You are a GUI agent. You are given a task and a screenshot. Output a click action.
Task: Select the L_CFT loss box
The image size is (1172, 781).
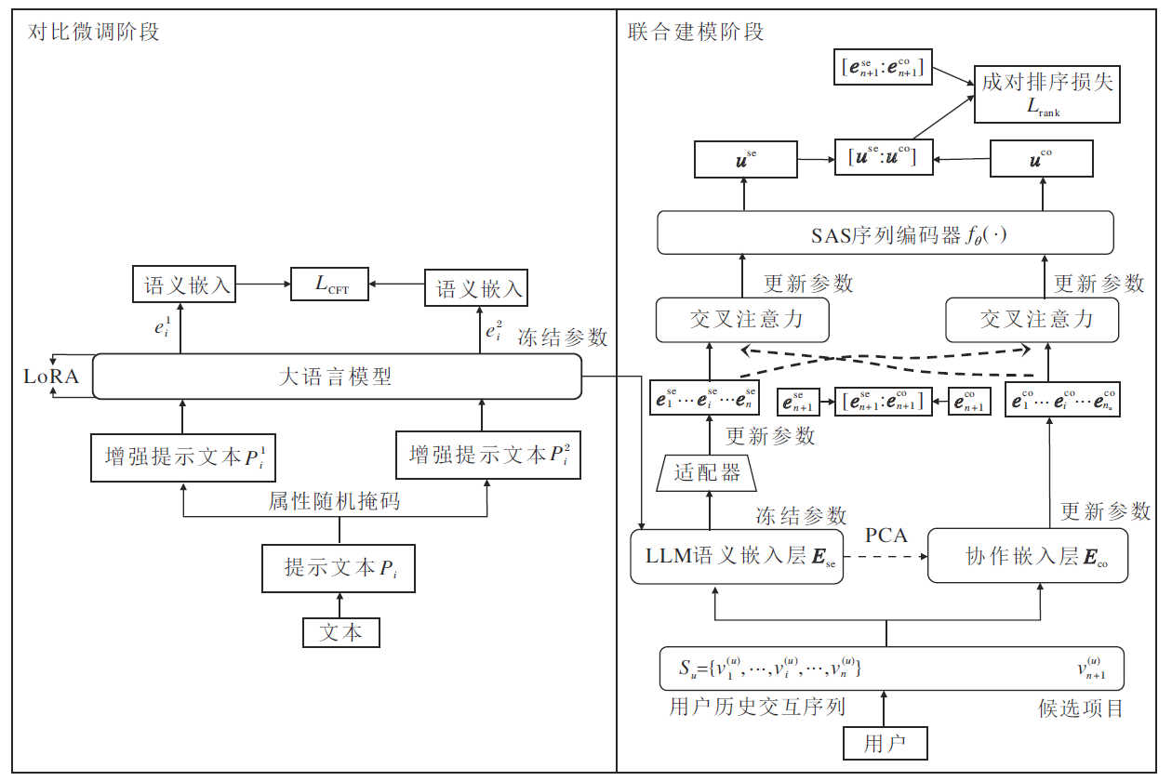pos(330,285)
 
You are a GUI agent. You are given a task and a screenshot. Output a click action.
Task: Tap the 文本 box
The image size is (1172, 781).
pos(341,633)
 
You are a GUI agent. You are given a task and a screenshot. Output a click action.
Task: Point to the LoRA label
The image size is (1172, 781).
pos(52,377)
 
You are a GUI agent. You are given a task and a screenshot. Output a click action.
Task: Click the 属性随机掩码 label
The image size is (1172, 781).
pos(334,502)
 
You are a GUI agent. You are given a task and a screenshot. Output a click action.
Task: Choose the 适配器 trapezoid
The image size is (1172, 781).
pos(708,472)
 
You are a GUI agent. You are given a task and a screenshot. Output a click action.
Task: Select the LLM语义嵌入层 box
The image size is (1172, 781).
pos(737,557)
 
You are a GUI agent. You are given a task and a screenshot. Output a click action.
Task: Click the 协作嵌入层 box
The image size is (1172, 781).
pos(1028,557)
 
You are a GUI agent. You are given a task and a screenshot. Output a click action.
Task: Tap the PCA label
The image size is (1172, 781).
pos(886,536)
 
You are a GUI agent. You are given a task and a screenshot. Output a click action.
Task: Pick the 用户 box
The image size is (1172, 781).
pos(884,743)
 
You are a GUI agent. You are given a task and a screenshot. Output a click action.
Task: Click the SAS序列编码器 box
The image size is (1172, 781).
pos(885,232)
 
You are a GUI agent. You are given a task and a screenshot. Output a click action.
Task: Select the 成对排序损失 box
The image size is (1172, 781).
pos(1046,93)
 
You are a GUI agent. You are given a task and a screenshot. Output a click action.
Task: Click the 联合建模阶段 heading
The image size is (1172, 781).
pos(696,33)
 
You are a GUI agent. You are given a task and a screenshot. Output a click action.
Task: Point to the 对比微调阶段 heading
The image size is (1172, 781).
pos(93,33)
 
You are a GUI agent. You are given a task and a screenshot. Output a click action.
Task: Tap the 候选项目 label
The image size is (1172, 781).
pos(1081,708)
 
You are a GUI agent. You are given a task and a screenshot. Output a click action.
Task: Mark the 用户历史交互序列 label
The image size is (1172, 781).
pos(757,707)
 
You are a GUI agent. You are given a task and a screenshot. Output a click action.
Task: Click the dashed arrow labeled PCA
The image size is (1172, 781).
pos(886,557)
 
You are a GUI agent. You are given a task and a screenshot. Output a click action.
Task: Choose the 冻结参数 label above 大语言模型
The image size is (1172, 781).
pos(563,338)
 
